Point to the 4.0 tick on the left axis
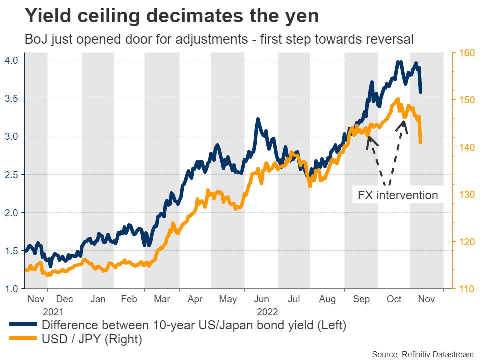click(11, 60)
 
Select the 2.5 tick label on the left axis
click(11, 175)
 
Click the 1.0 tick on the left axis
click(11, 289)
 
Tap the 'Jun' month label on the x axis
click(261, 299)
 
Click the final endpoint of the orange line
click(421, 143)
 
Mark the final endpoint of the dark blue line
click(421, 92)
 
